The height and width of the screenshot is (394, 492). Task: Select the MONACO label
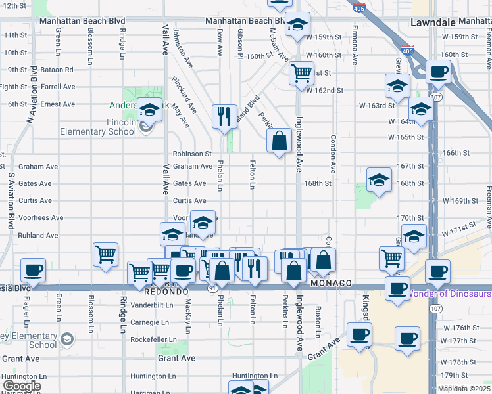pos(332,283)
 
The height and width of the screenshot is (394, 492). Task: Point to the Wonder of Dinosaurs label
pos(450,294)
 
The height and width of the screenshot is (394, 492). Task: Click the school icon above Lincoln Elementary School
pos(150,109)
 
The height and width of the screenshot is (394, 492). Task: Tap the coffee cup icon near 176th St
pos(360,335)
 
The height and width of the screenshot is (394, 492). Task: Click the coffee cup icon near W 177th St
pos(407,339)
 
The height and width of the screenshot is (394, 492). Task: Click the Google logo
pos(21,386)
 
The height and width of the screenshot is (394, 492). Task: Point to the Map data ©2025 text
pos(464,389)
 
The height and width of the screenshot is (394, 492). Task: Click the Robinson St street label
pos(192,154)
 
